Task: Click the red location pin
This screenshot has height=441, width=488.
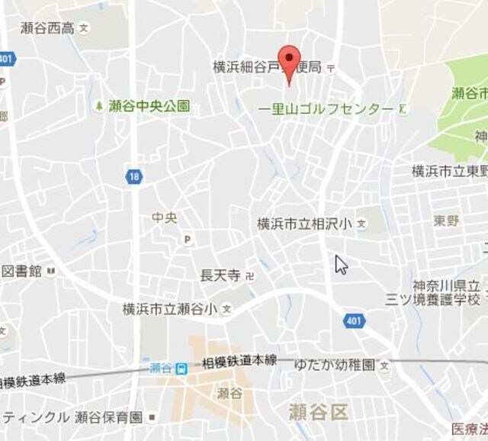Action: [287, 61]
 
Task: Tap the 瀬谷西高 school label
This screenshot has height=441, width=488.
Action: [47, 28]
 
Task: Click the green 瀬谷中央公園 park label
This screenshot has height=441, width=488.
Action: [149, 106]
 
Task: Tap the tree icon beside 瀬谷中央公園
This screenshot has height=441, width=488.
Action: [99, 105]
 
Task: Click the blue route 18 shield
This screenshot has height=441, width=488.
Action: [134, 177]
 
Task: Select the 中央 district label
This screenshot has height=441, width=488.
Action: [164, 217]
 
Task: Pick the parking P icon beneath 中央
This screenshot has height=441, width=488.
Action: [187, 240]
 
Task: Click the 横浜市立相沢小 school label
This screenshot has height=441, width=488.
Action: [304, 224]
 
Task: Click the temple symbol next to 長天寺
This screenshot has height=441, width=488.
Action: [249, 275]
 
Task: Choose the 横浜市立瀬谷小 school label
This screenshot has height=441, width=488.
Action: [170, 309]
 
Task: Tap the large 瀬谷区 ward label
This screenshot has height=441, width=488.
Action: [318, 413]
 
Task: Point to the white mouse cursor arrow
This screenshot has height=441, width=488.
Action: [340, 264]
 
